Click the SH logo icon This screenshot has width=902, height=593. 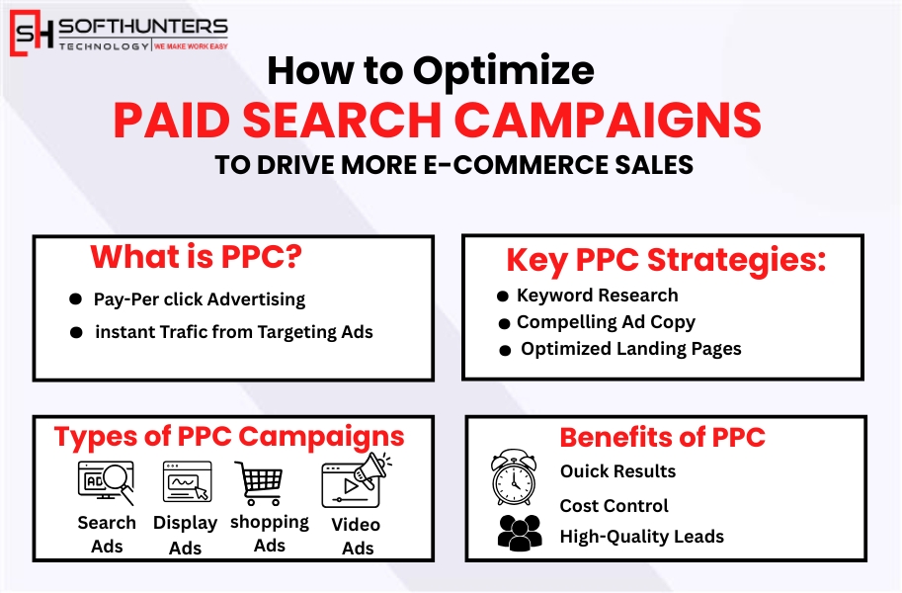[x=32, y=33]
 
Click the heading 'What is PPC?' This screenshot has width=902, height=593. [x=196, y=257]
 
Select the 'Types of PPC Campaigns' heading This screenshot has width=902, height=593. [x=229, y=436]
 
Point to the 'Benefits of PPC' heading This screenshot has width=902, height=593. [x=663, y=437]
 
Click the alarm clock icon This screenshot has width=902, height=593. [x=514, y=478]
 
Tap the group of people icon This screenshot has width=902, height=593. [x=519, y=533]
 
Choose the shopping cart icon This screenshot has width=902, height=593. [x=259, y=484]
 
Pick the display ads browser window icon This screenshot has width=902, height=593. [x=186, y=483]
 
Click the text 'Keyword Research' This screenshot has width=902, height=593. [x=597, y=296]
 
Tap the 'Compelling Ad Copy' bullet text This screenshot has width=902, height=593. [x=606, y=322]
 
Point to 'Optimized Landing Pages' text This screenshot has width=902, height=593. [x=630, y=349]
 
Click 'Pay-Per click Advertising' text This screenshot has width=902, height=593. [x=200, y=299]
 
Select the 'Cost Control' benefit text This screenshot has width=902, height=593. [x=614, y=506]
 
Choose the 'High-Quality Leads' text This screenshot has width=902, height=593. [x=641, y=537]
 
